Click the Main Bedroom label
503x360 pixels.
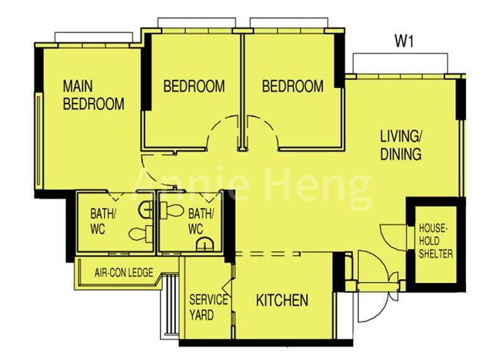point(93,95)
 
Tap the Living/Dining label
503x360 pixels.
point(401,145)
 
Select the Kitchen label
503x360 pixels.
point(282,300)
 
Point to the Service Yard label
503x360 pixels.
point(208,307)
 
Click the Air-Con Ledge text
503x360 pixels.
point(124,273)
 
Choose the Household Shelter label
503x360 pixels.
point(435,241)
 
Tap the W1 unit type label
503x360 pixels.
point(404,41)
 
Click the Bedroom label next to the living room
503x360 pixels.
point(292,86)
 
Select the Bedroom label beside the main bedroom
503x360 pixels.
point(194,86)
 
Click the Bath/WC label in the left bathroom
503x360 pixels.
point(101,222)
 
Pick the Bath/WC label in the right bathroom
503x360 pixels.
point(201,222)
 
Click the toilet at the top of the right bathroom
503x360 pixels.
point(172,210)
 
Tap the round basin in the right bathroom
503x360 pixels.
point(205,244)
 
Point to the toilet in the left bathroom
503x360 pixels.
point(140,234)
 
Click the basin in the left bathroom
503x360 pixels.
point(146,210)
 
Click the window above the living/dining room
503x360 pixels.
point(400,64)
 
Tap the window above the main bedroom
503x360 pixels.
point(94,37)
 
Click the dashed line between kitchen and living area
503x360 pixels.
point(268,254)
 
